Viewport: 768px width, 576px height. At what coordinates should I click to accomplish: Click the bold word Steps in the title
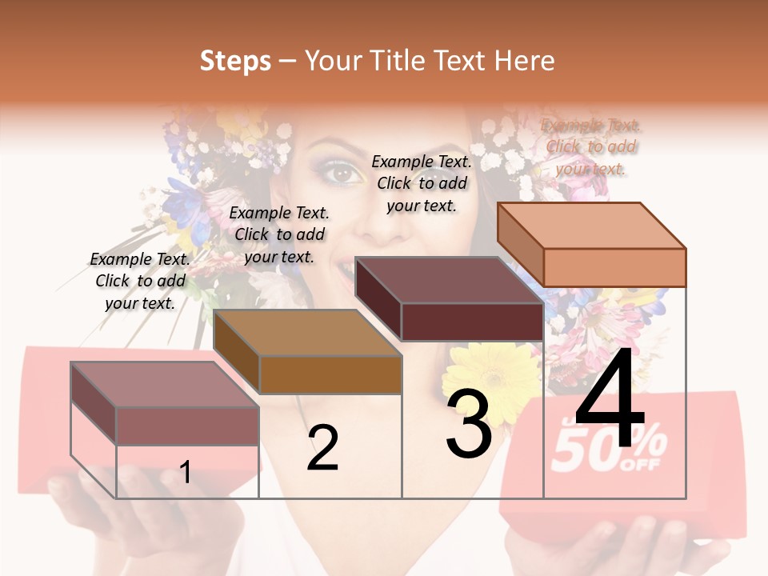(235, 61)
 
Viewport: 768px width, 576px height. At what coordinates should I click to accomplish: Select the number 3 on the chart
(469, 424)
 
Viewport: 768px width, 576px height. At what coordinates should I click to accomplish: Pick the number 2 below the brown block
(322, 448)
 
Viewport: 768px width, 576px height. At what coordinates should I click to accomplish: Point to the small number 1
(186, 472)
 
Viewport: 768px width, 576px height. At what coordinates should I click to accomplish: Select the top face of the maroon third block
(448, 280)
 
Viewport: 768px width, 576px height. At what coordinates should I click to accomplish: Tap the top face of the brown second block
(307, 333)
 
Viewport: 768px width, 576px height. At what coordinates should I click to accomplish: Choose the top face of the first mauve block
(165, 384)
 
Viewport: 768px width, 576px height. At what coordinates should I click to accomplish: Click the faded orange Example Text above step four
(591, 146)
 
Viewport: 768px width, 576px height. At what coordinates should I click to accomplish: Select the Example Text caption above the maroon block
(422, 183)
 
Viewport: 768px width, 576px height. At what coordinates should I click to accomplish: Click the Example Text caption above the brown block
(279, 234)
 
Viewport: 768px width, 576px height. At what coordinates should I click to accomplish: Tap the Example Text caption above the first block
(140, 281)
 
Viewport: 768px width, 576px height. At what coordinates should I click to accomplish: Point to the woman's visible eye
(342, 172)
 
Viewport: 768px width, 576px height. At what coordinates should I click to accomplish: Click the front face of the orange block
(614, 267)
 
